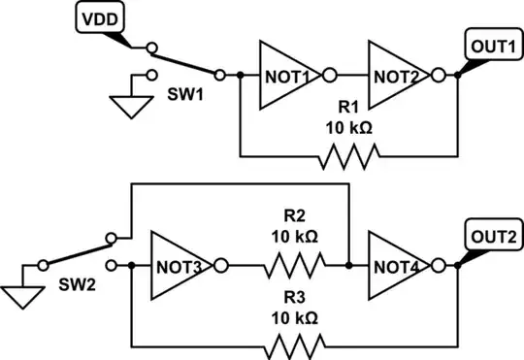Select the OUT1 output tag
[493, 45]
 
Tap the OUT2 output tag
[493, 234]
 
